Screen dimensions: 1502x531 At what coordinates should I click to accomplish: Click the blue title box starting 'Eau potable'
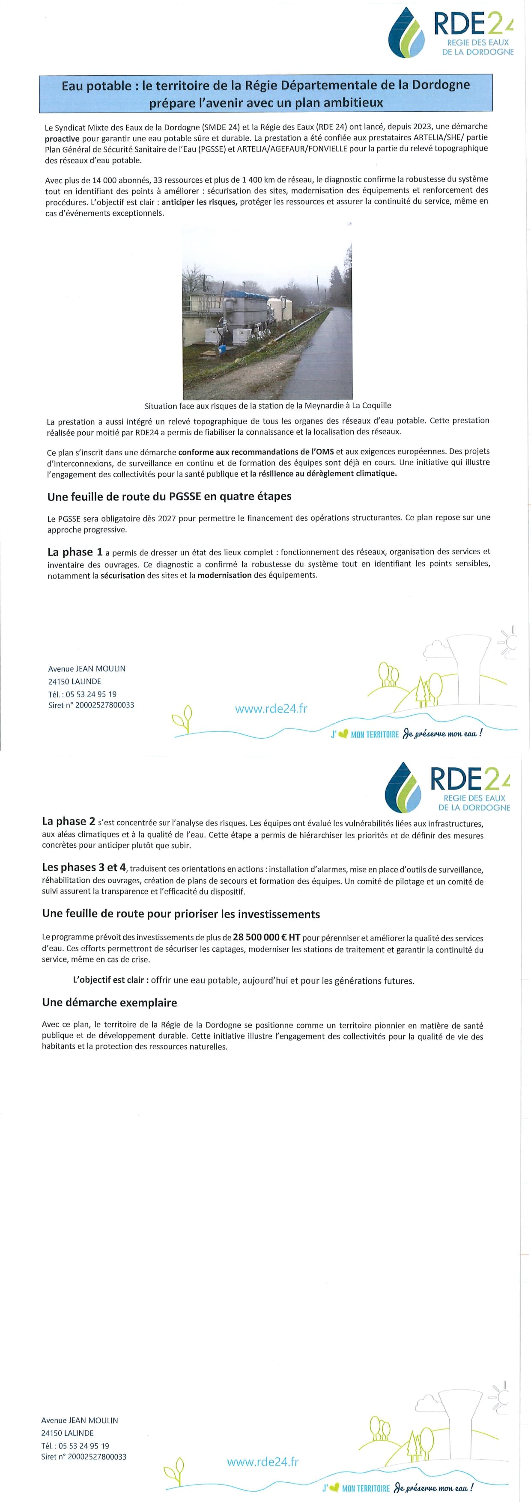coord(265,93)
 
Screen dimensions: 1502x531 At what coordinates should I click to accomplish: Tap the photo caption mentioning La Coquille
coord(268,406)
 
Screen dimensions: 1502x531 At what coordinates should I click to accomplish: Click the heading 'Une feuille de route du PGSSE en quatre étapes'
coord(169,496)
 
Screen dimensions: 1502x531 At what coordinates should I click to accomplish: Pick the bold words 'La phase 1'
coord(75,552)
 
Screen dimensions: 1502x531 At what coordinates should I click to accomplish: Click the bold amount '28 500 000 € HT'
coord(267,937)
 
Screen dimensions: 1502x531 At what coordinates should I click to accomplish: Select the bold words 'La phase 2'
coord(68,822)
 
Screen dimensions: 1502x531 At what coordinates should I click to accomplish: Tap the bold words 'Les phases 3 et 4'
coord(84,867)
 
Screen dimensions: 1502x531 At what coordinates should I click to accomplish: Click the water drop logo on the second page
coord(403,788)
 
